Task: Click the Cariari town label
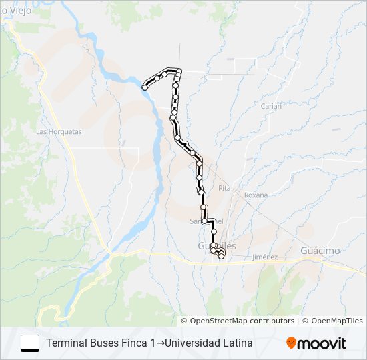271,105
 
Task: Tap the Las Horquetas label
59,132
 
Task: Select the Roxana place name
256,195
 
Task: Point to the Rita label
224,189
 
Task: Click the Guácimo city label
320,251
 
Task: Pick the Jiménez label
265,257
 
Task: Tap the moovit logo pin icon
292,343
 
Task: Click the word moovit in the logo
322,344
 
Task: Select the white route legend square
30,343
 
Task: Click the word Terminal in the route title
66,343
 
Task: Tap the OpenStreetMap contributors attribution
242,321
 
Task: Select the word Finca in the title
137,343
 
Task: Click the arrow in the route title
161,343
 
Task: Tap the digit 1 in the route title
153,343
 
